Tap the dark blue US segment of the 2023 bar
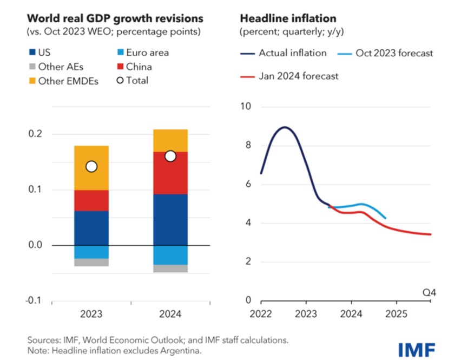click(x=91, y=228)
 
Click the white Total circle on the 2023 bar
click(x=91, y=166)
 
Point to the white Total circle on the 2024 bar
click(x=170, y=156)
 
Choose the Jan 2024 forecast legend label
click(x=298, y=76)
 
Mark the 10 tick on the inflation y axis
click(x=247, y=106)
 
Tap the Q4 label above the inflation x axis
click(x=429, y=293)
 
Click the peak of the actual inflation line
click(x=285, y=127)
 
